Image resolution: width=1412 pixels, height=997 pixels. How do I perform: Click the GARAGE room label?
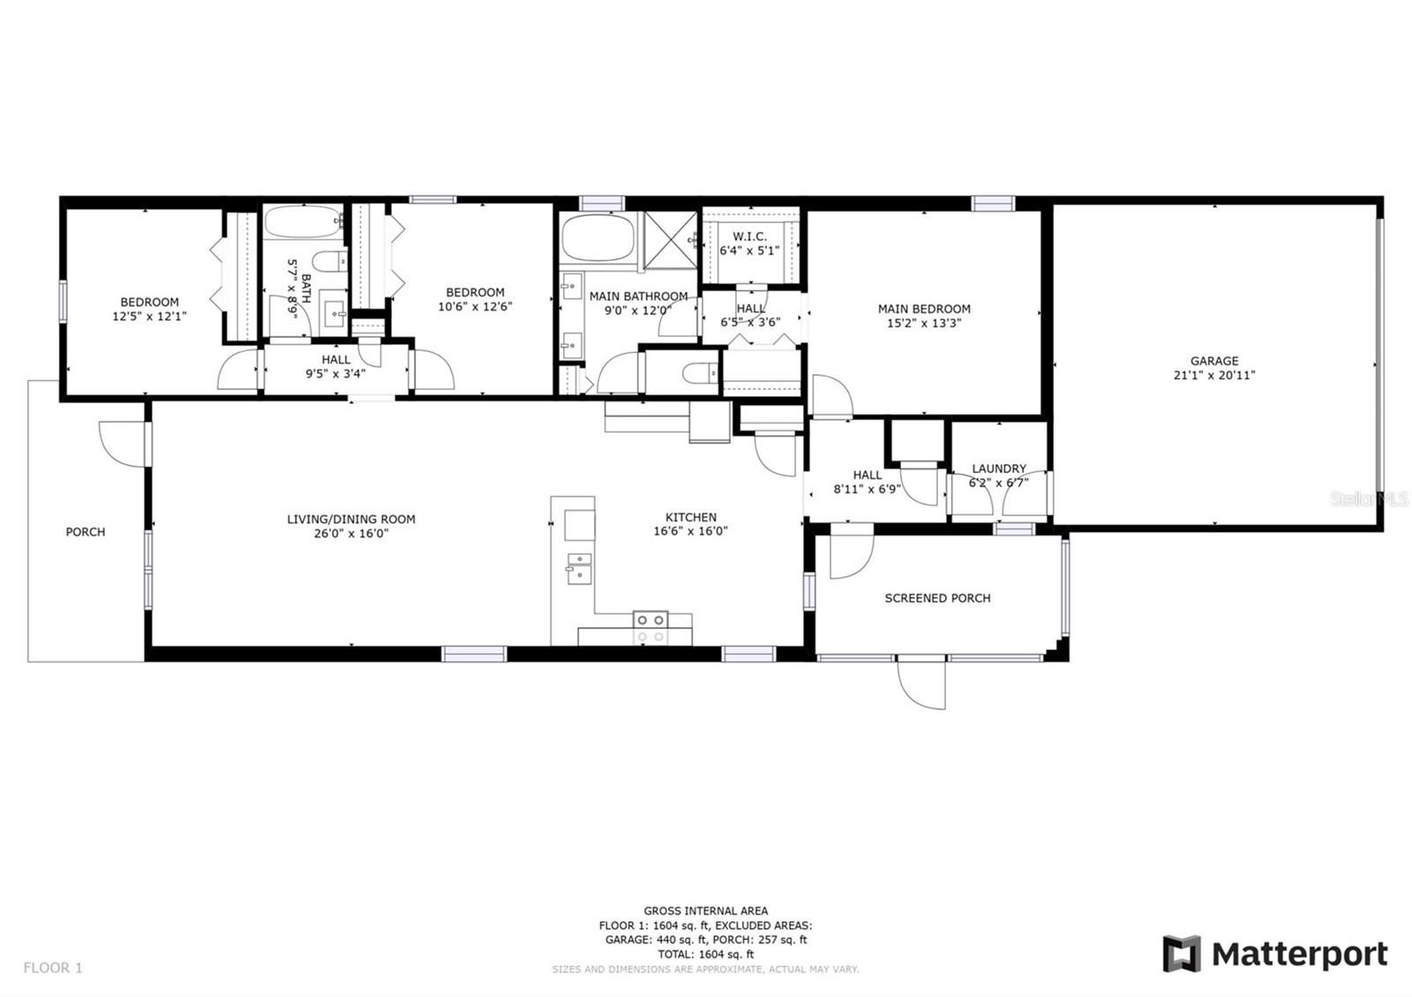point(1213,361)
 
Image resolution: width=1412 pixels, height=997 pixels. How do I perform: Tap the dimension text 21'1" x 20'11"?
point(1213,375)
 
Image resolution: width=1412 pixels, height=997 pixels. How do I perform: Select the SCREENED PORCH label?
point(937,598)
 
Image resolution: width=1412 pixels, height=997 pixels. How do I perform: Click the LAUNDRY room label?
point(999,469)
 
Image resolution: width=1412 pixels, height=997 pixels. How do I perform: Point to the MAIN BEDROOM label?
point(924,309)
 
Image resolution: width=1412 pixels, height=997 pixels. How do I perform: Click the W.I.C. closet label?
point(749,236)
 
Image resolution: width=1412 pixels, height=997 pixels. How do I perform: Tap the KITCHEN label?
point(690,517)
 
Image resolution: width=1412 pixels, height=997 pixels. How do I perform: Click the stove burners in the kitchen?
point(650,627)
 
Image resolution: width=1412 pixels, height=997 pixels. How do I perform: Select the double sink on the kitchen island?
point(579,568)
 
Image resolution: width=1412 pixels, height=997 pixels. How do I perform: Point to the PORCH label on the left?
point(85,532)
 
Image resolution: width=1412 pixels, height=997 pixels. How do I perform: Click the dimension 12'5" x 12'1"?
point(149,316)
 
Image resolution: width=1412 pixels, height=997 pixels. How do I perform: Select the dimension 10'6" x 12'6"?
point(475,307)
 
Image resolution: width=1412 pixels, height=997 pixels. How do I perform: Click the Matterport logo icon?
point(1182,954)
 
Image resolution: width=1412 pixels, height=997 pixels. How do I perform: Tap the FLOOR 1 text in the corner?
point(53,968)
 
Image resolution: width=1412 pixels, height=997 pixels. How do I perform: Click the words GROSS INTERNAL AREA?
point(705,911)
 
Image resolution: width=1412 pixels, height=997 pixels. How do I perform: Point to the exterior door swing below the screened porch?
point(922,683)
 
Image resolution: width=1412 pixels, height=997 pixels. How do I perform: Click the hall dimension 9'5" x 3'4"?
point(335,373)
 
